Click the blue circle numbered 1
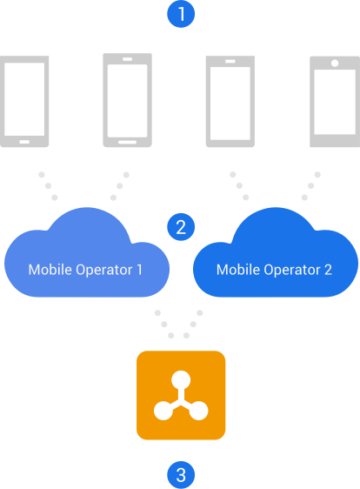pos(181,14)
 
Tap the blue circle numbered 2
pos(181,227)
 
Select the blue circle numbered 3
pos(181,475)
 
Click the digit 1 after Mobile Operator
pos(139,270)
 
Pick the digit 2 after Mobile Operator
pos(328,270)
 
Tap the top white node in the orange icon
pos(181,380)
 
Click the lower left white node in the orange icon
pos(163,411)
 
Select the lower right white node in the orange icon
pos(198,411)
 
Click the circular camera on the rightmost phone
pos(335,63)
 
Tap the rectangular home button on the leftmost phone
pos(24,142)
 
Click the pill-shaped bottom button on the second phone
pos(127,142)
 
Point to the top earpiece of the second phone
pos(127,59)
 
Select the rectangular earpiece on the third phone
pos(230,61)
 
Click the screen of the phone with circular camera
pos(335,102)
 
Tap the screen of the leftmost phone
pos(24,99)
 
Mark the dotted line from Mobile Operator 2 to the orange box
pos(193,324)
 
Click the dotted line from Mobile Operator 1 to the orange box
pos(164,324)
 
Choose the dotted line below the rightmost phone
pos(311,186)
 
